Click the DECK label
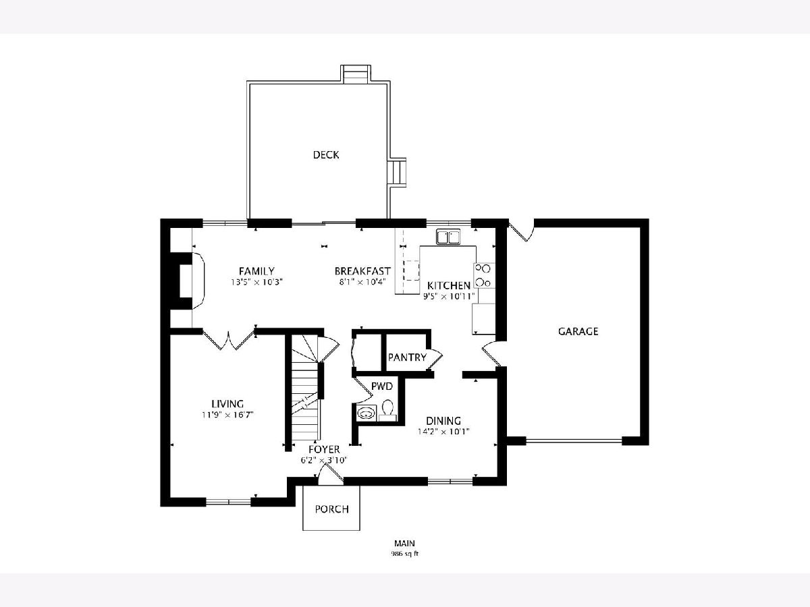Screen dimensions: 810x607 pos(326,155)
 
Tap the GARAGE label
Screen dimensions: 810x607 pos(578,331)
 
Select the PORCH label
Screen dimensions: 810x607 pos(331,509)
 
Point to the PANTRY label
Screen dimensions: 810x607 pos(407,357)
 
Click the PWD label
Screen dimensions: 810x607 pos(382,386)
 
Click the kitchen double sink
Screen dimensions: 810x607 pos(448,236)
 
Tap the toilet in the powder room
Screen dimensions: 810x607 pos(387,411)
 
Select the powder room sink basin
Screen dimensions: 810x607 pos(366,413)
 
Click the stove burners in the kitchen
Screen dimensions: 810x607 pos(484,275)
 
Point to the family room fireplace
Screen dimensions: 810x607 pos(186,281)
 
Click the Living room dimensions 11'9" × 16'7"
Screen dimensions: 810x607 pos(227,415)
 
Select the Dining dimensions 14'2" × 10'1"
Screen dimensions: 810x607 pos(443,432)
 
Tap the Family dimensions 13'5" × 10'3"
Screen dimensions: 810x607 pos(257,283)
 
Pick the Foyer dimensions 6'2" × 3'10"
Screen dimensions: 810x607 pos(324,461)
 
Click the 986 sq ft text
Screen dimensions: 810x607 pos(405,554)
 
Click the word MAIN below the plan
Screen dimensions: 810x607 pos(404,543)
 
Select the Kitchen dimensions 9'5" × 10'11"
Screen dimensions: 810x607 pos(448,296)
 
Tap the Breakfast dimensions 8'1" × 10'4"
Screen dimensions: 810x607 pos(362,283)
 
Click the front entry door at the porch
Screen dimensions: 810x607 pos(330,474)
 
